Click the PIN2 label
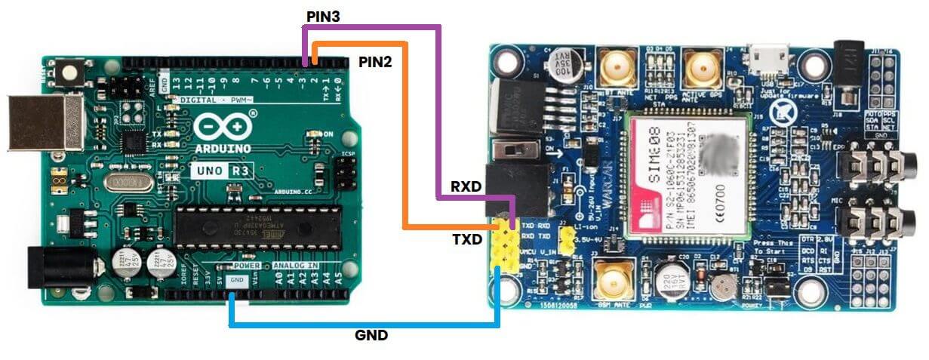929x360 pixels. [375, 62]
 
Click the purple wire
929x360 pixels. [438, 113]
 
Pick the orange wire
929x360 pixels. [406, 136]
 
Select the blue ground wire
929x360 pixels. [362, 325]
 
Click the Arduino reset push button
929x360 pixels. [72, 73]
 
